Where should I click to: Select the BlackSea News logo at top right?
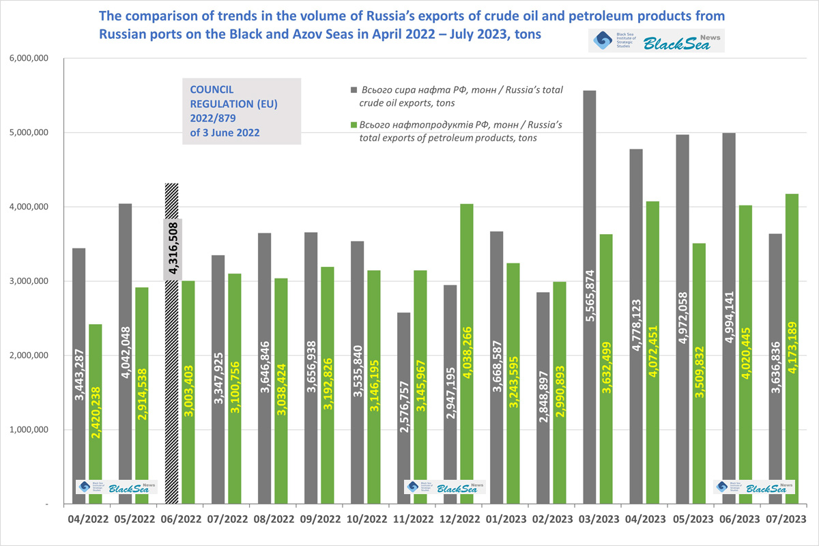pyautogui.click(x=656, y=41)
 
